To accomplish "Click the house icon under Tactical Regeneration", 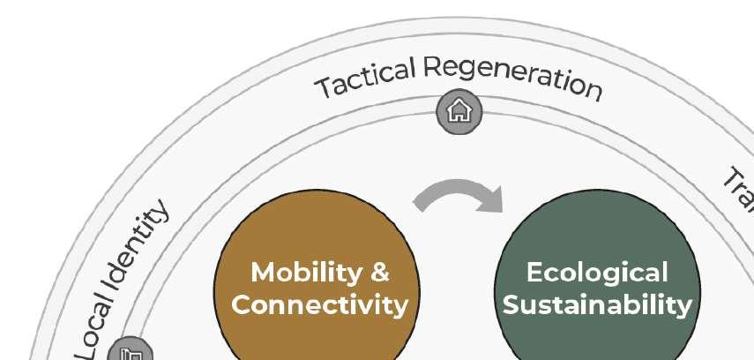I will (x=459, y=111).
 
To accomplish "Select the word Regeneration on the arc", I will (x=511, y=75).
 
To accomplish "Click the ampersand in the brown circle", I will (x=379, y=273).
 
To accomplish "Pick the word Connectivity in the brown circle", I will (x=319, y=306).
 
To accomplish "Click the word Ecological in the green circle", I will (x=597, y=272).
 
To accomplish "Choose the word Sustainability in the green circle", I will (x=603, y=305).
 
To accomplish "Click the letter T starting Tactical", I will (x=324, y=88).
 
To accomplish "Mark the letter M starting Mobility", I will (x=262, y=273).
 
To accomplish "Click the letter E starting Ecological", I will (x=534, y=273).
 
